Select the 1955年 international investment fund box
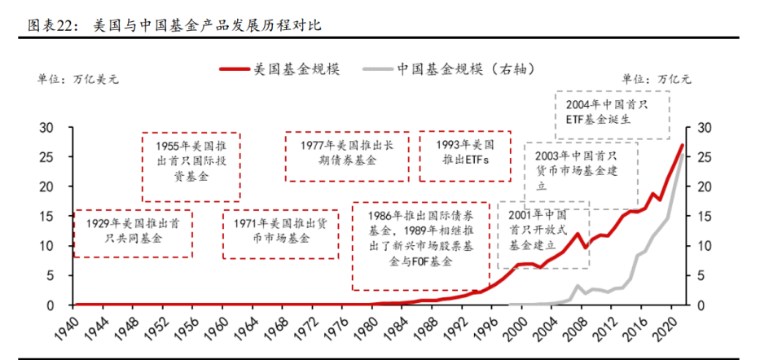coord(191,165)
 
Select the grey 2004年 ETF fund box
coord(613,114)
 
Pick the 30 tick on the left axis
coord(50,127)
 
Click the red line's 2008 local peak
coord(578,234)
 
